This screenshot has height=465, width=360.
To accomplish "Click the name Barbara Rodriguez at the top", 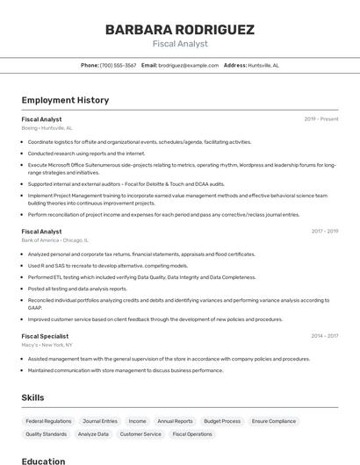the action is pyautogui.click(x=180, y=29).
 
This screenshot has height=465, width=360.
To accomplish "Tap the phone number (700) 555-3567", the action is pyautogui.click(x=118, y=65).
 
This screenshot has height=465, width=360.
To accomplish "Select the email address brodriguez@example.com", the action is pyautogui.click(x=188, y=65).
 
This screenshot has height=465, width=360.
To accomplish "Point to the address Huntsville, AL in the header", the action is pyautogui.click(x=263, y=65).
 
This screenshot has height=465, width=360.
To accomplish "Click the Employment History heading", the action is pyautogui.click(x=65, y=101).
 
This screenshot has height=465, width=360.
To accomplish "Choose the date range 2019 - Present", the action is pyautogui.click(x=321, y=119).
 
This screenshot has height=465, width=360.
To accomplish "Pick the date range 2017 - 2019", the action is pyautogui.click(x=324, y=232).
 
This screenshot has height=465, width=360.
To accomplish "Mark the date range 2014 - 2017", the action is pyautogui.click(x=324, y=336).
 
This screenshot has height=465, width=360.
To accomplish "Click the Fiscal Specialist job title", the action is pyautogui.click(x=44, y=336).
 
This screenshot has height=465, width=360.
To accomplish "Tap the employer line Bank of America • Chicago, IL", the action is pyautogui.click(x=55, y=240).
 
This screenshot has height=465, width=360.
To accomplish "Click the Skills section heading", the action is pyautogui.click(x=32, y=397).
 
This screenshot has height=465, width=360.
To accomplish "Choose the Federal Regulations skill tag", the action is pyautogui.click(x=48, y=421).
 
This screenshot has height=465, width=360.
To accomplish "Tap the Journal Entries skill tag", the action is pyautogui.click(x=99, y=421).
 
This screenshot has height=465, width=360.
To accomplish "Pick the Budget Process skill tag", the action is pyautogui.click(x=221, y=421).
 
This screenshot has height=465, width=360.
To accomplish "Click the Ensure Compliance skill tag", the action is pyautogui.click(x=274, y=421).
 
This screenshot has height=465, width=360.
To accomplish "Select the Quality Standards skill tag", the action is pyautogui.click(x=46, y=434).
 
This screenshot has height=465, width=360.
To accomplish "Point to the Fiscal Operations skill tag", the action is pyautogui.click(x=192, y=434).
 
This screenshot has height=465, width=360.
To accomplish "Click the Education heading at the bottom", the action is pyautogui.click(x=43, y=461).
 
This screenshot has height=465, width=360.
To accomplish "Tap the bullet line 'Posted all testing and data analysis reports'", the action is pyautogui.click(x=77, y=289).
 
